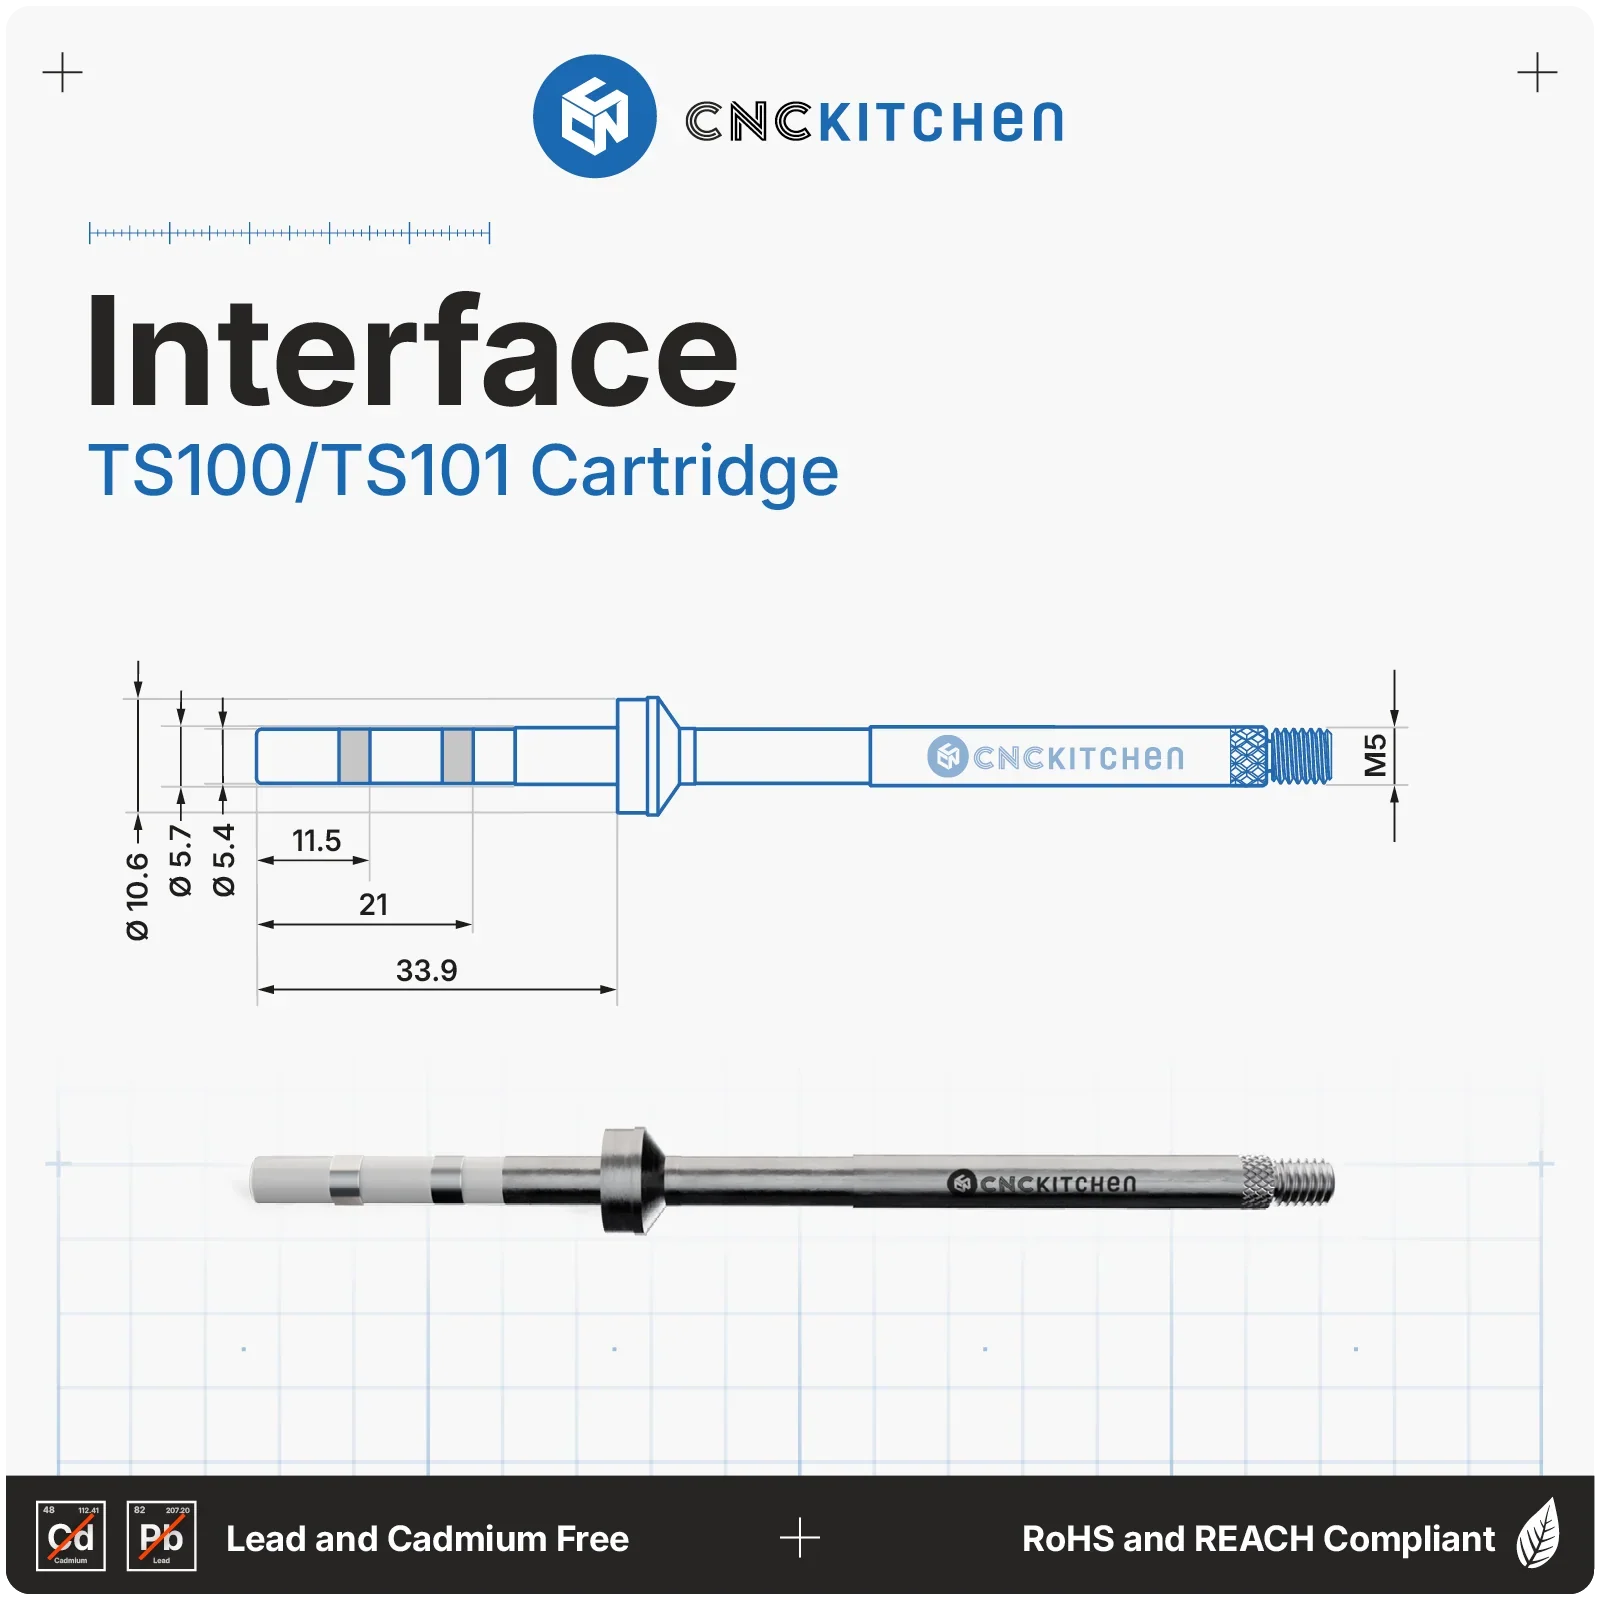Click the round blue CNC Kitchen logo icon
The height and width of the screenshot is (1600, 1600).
(x=594, y=116)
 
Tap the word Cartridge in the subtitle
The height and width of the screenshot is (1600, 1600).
(x=684, y=471)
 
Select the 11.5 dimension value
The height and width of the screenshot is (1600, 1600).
(x=316, y=840)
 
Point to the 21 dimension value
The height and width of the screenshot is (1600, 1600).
(x=373, y=904)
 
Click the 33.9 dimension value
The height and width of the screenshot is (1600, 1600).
(x=426, y=970)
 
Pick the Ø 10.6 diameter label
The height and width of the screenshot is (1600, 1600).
(x=138, y=896)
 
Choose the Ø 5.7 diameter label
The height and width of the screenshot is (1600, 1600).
(x=180, y=860)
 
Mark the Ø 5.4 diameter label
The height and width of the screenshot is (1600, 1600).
(x=223, y=860)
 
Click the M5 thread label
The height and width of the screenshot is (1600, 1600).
(x=1376, y=755)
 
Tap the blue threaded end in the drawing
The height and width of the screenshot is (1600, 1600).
(x=1300, y=756)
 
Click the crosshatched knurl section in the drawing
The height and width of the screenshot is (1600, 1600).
(x=1248, y=756)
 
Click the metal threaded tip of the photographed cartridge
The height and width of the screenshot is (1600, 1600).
(x=1304, y=1180)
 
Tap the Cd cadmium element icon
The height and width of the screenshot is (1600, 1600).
(x=71, y=1536)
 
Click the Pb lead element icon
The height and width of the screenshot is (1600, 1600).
(x=162, y=1536)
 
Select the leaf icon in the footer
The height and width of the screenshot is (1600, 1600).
(x=1538, y=1533)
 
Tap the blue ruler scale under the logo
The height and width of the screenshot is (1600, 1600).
(x=289, y=233)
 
